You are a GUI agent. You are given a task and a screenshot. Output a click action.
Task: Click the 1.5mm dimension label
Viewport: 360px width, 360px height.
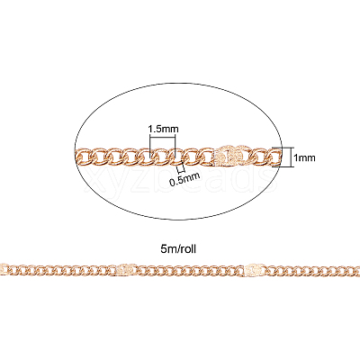163,129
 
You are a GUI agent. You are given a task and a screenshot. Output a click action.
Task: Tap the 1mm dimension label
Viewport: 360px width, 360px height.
304,157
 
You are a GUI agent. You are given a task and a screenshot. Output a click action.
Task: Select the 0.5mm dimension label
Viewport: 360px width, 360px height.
184,179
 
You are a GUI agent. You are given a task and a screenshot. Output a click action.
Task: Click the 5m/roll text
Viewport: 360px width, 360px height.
178,248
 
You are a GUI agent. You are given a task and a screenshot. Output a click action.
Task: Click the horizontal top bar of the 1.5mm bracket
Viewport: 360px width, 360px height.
162,138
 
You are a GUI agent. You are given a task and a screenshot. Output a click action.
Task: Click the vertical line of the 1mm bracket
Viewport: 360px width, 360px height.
292,157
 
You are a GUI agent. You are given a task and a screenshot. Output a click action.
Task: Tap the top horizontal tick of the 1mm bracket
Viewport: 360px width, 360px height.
282,148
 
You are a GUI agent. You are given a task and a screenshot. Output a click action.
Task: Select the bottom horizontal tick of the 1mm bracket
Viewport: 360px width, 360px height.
282,166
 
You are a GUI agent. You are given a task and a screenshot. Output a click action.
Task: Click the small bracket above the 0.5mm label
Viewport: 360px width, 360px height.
180,169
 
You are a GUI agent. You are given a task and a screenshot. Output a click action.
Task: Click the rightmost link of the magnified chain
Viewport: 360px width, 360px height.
274,156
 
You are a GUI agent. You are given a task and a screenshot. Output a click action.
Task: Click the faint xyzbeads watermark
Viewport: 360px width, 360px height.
180,180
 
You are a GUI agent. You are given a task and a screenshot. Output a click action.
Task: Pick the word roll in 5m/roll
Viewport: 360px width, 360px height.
188,248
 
